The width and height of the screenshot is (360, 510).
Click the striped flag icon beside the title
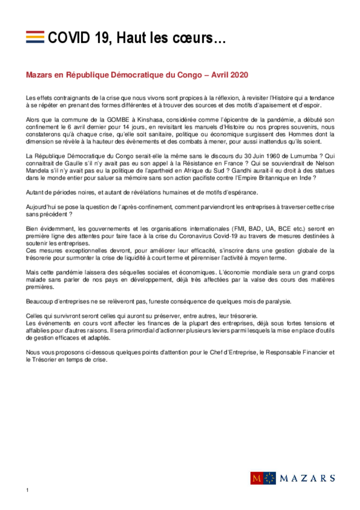click(35, 37)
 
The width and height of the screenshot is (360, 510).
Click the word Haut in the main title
click(130, 38)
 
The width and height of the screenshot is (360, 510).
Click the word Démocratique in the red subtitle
click(135, 75)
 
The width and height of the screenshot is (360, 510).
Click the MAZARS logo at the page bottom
click(292, 478)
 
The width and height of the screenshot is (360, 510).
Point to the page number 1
click(28, 490)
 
